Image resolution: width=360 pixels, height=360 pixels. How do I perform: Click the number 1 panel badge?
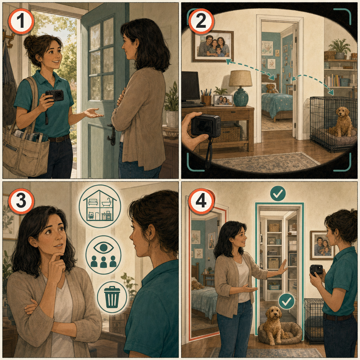pyautogui.click(x=21, y=21)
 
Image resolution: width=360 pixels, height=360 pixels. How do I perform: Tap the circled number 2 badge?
pyautogui.click(x=201, y=21)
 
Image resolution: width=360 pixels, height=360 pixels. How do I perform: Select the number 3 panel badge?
pyautogui.click(x=21, y=201)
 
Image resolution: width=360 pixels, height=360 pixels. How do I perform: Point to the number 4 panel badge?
pyautogui.click(x=201, y=201)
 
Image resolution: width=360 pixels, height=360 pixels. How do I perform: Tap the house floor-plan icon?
pyautogui.click(x=100, y=206)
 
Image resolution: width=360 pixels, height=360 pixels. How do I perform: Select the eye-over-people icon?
pyautogui.click(x=103, y=255)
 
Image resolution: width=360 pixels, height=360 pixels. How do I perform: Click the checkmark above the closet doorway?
pyautogui.click(x=278, y=194)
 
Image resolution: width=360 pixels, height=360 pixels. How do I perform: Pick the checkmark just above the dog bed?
pyautogui.click(x=286, y=301)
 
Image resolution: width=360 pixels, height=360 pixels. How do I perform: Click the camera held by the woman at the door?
pyautogui.click(x=54, y=95)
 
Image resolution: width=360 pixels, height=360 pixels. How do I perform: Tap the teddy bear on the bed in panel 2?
pyautogui.click(x=271, y=88)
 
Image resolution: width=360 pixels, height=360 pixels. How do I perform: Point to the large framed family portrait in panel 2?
pyautogui.click(x=213, y=46)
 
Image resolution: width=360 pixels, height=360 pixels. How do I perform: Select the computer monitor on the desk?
pyautogui.click(x=190, y=87)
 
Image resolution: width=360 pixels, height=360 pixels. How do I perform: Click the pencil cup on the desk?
pyautogui.click(x=206, y=100)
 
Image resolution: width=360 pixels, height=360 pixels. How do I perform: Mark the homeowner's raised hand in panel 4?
pyautogui.click(x=283, y=267)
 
